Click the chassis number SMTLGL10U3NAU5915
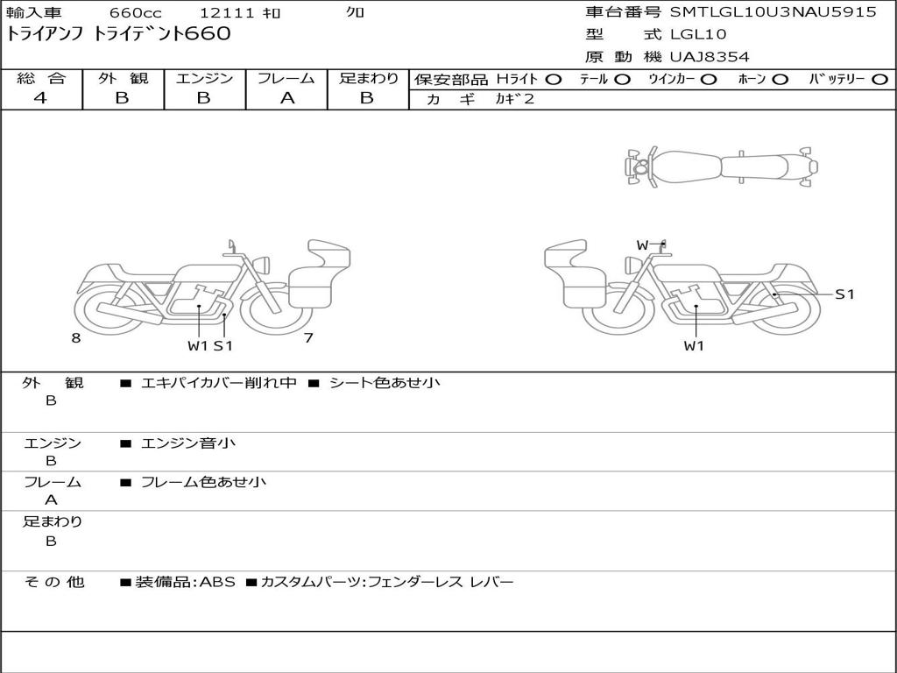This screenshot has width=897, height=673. tap(773, 12)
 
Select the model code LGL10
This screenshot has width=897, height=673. tap(698, 34)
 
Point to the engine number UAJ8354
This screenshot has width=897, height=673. tap(710, 57)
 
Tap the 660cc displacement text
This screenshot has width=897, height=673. tap(136, 12)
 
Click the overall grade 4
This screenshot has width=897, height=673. tap(40, 98)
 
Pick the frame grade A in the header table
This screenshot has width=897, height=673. tap(287, 98)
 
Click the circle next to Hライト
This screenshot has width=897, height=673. tap(554, 80)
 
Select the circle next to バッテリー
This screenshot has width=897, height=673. tap(879, 80)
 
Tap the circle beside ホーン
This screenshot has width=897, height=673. tap(780, 80)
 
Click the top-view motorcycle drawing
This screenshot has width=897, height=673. tap(721, 166)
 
